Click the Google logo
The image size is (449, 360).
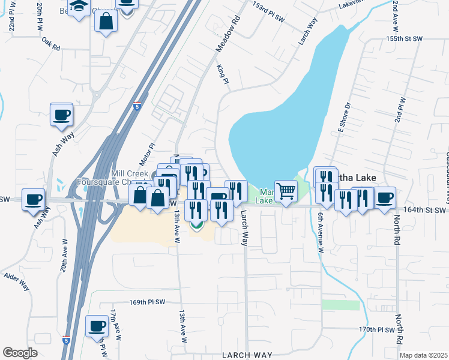pos(20,353)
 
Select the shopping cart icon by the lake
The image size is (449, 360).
pos(286,191)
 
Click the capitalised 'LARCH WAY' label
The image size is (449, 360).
pos(243,355)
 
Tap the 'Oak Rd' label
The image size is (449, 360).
pos(52,44)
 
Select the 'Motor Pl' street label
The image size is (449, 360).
pos(147,154)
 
